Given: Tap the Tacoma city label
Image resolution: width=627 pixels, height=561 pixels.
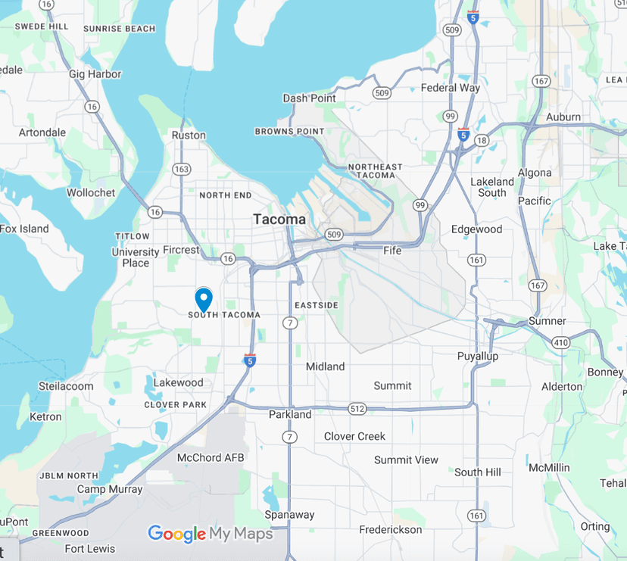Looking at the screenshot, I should pyautogui.click(x=279, y=220).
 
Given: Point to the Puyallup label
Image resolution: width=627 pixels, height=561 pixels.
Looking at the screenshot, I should pyautogui.click(x=478, y=356).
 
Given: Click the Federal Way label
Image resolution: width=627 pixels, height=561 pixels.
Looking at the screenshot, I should pyautogui.click(x=451, y=88).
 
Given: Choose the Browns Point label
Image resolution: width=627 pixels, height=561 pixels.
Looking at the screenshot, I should pyautogui.click(x=289, y=132).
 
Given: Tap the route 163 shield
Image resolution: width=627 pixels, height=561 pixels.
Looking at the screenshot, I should pyautogui.click(x=182, y=169).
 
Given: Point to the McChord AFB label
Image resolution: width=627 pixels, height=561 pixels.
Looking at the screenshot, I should pyautogui.click(x=210, y=458).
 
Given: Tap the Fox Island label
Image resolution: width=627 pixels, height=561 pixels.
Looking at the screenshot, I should pyautogui.click(x=24, y=229).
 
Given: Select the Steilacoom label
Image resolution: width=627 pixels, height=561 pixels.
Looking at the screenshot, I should pyautogui.click(x=66, y=386).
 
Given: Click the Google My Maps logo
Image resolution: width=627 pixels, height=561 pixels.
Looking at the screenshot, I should pyautogui.click(x=210, y=534).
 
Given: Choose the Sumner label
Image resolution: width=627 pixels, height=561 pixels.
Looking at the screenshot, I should pyautogui.click(x=547, y=321).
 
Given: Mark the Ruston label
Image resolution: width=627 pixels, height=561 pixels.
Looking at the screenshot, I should pyautogui.click(x=189, y=136).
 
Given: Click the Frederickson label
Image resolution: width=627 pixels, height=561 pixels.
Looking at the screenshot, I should pyautogui.click(x=390, y=529).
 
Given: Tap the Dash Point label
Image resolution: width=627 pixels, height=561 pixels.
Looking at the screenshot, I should pyautogui.click(x=309, y=98).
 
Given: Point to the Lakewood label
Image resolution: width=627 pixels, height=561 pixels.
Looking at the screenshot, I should pyautogui.click(x=179, y=382).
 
